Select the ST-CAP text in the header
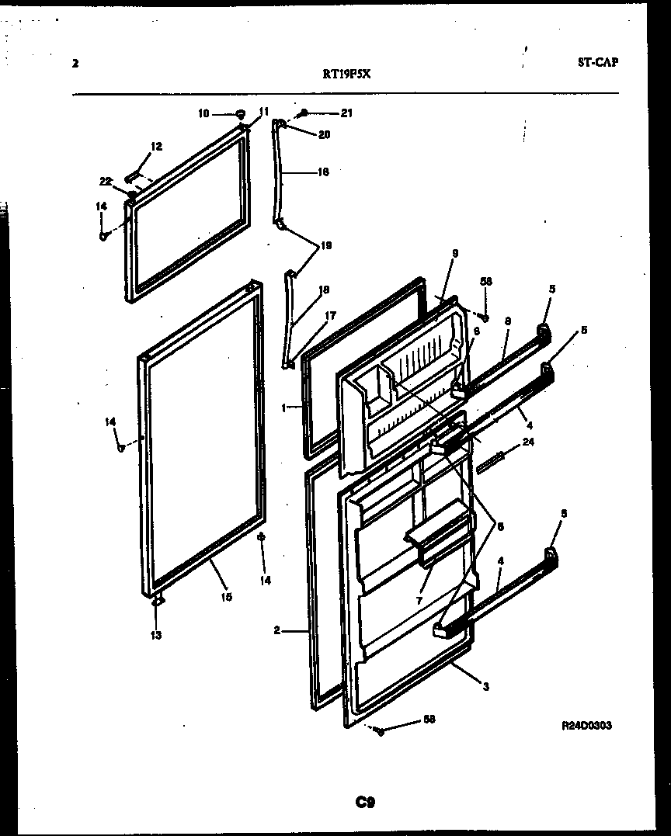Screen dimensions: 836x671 [x=597, y=63]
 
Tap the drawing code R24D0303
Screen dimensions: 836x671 [x=586, y=726]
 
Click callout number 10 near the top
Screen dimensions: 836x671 [x=203, y=113]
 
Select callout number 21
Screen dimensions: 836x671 [x=346, y=113]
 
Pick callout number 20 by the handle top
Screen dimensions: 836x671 [x=324, y=134]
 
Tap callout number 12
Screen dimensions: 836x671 [x=157, y=146]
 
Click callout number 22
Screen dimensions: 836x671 [x=105, y=181]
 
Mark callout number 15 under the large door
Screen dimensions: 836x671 [x=225, y=597]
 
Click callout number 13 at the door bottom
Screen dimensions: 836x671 [x=156, y=636]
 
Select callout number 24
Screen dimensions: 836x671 [x=528, y=443]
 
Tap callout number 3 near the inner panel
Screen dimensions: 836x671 [x=486, y=685]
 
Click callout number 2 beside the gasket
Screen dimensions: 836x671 [x=276, y=630]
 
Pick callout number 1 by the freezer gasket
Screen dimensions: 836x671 [x=285, y=406]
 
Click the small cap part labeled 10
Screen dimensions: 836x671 [x=240, y=113]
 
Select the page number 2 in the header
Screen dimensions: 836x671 [x=75, y=64]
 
